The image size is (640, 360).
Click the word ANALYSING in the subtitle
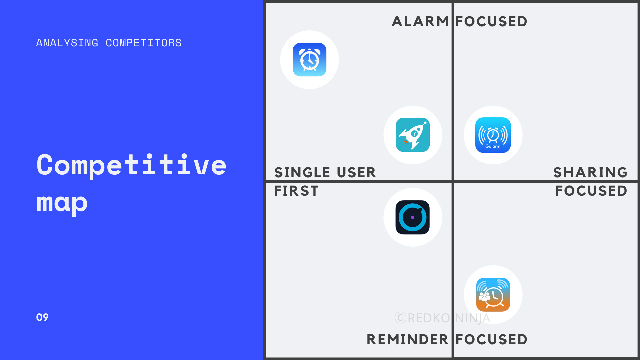[67, 43]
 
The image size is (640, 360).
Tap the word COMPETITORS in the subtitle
[144, 43]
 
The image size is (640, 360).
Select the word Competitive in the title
[132, 165]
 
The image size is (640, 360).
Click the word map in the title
[62, 203]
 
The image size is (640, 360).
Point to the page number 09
[42, 317]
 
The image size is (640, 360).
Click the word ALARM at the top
[420, 22]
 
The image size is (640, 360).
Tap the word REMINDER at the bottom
[407, 340]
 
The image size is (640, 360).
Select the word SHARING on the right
[590, 173]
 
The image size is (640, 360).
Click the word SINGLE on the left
[302, 173]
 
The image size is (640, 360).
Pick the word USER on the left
[356, 173]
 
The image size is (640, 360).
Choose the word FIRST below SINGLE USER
[296, 191]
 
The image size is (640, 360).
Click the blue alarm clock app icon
[310, 60]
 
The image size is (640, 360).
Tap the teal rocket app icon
[413, 135]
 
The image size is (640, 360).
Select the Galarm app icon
[493, 135]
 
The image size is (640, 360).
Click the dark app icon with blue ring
[413, 217]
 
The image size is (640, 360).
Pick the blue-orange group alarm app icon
[493, 295]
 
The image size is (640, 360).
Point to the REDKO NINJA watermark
[442, 318]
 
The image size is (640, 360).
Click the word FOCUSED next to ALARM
[491, 22]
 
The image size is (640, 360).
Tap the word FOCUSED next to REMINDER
[491, 340]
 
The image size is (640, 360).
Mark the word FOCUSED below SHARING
[591, 191]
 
